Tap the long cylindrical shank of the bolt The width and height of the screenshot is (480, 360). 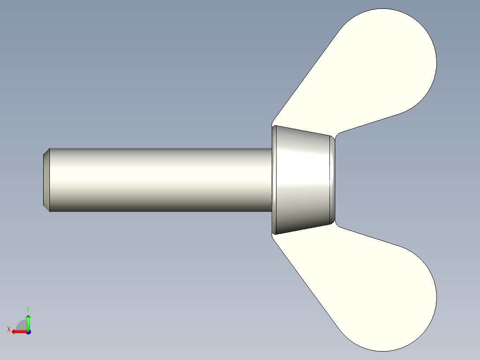coord(160,180)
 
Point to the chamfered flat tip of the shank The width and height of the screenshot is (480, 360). coord(46,180)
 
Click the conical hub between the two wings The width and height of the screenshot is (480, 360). coord(303,180)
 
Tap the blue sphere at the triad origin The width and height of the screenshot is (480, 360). coord(28,331)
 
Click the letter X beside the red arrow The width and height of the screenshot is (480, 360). coord(8,329)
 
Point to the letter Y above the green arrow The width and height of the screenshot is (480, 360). coord(28,309)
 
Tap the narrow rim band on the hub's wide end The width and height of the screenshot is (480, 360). coord(274,180)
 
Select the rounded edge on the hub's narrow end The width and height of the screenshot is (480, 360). coord(332,180)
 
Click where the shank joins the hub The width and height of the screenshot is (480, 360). coord(271,180)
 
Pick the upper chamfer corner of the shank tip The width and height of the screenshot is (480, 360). coord(46,151)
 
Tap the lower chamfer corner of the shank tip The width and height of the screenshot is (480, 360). coord(46,208)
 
